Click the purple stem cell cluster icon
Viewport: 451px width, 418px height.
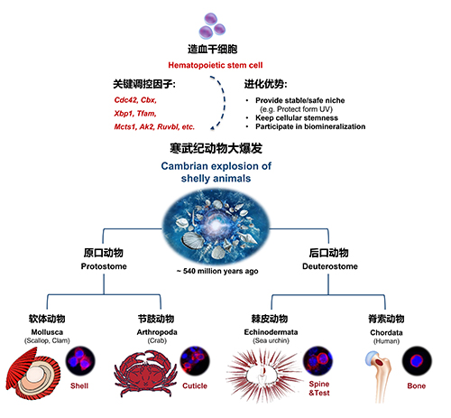coord(212,26)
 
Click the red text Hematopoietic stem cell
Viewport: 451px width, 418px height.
coord(216,65)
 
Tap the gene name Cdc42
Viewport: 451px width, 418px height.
coord(125,100)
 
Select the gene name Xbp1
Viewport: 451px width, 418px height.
coord(124,114)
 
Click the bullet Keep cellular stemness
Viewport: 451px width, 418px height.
coord(297,117)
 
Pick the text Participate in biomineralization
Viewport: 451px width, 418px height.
coord(310,126)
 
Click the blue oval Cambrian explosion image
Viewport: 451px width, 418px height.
coord(216,227)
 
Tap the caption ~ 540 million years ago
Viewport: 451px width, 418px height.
coord(217,271)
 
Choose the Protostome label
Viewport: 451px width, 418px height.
coord(104,266)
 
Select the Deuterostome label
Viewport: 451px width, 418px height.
coord(330,266)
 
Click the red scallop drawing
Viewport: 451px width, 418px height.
coord(33,373)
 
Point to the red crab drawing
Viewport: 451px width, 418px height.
coord(145,374)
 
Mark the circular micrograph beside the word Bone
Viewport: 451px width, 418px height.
coord(417,361)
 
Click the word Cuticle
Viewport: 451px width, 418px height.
coord(195,385)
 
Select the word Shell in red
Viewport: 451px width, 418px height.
coord(79,385)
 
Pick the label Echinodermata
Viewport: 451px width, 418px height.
coord(271,332)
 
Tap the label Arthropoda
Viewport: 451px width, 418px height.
coord(157,332)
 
